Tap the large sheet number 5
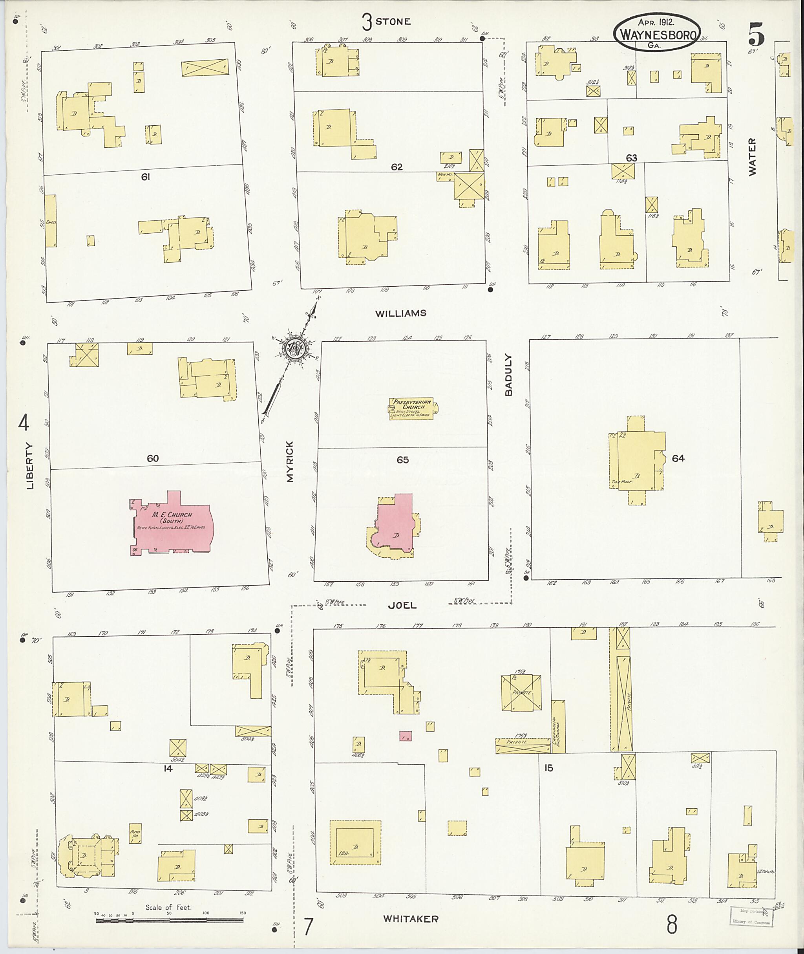756,34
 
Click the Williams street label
401,313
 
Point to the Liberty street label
31,466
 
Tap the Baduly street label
509,375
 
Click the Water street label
752,157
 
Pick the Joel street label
402,605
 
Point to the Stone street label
393,22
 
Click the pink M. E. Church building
171,524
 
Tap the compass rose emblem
294,349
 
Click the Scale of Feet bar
170,920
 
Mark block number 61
145,177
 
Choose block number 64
678,458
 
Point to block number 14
168,768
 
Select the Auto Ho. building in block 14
135,833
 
